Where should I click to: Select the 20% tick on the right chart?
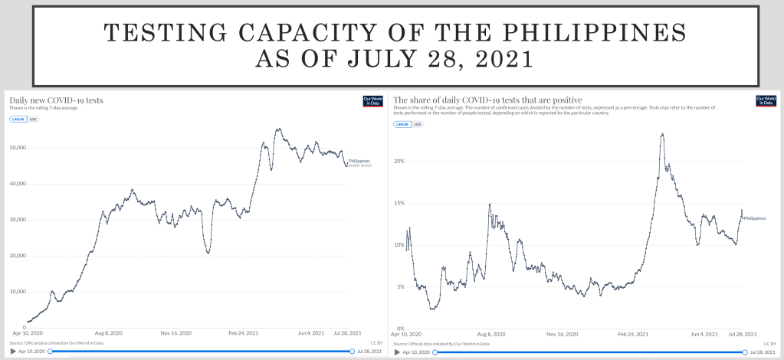(399, 161)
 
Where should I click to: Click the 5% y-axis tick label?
(399, 286)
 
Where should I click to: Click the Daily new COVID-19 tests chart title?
(56, 100)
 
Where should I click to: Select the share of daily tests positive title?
(487, 100)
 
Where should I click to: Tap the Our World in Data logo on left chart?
(372, 101)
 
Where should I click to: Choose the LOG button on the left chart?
(33, 119)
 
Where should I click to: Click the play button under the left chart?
(12, 351)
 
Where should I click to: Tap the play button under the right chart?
(397, 352)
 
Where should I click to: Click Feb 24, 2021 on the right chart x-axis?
(633, 335)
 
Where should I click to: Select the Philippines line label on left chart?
(359, 161)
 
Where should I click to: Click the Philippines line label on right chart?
(754, 218)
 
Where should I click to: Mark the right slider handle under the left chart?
(352, 351)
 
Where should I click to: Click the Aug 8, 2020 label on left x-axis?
(109, 334)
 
